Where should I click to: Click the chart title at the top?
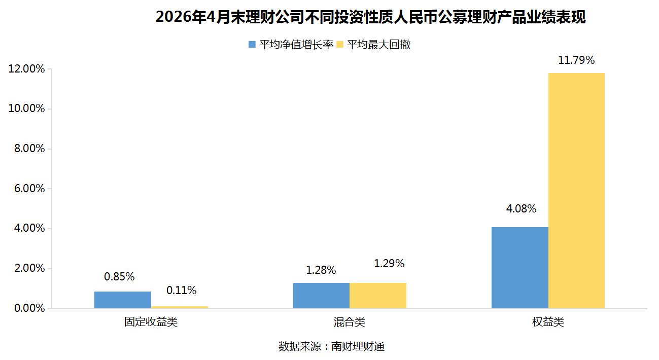click(371, 17)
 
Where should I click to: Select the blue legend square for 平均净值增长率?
click(252, 45)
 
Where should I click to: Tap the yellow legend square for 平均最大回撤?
click(340, 45)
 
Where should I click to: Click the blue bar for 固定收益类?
click(123, 300)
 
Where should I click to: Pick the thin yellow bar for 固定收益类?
click(180, 307)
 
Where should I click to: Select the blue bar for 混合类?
click(321, 296)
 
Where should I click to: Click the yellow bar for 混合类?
click(378, 296)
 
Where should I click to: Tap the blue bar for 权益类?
click(520, 268)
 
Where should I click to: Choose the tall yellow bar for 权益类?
click(577, 191)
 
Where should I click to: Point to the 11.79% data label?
click(576, 60)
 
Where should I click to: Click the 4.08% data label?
click(521, 208)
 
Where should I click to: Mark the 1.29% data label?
click(389, 263)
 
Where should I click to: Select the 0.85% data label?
click(119, 276)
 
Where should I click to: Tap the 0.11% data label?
click(181, 291)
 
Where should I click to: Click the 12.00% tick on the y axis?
click(26, 69)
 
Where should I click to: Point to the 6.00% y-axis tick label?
click(29, 189)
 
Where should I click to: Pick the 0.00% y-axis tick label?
click(29, 308)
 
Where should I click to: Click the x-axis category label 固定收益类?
click(151, 322)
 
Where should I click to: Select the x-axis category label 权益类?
click(548, 322)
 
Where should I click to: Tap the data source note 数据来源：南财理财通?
click(332, 346)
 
